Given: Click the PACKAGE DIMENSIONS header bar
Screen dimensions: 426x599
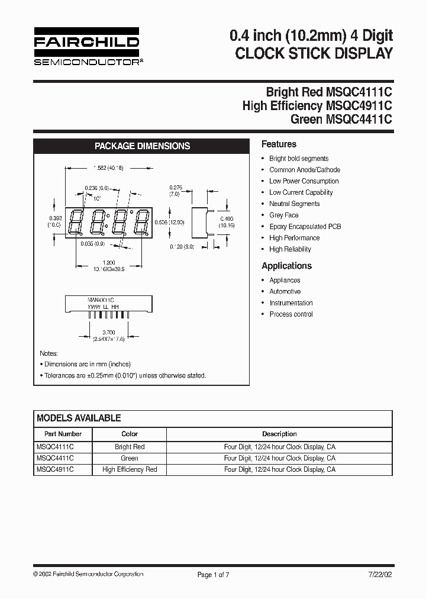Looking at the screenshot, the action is point(142,146).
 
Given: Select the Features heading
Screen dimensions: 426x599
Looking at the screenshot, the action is point(279,144).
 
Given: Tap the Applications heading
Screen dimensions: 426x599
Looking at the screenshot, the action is point(286,266).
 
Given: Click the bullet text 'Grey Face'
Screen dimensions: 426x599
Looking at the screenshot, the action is point(283,215).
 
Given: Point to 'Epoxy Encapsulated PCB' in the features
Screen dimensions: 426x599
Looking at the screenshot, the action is point(305,226).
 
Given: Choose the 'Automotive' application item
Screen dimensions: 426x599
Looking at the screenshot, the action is point(285,291).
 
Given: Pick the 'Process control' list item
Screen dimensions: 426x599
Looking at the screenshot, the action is point(291,314).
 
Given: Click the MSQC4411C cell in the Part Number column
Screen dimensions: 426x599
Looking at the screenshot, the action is point(55,458).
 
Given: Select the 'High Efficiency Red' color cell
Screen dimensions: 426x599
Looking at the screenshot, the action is point(130,469).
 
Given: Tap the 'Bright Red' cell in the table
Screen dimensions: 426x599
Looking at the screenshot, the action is point(130,447).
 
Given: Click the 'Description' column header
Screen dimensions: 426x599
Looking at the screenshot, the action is point(279,434).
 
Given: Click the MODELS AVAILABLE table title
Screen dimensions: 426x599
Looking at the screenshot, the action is point(79,418).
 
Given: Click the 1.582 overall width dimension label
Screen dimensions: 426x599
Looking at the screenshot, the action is point(108,168).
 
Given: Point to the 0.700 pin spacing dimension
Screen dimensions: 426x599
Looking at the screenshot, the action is point(109,332).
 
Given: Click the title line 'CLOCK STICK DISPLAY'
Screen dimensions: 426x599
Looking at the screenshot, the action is point(314,53).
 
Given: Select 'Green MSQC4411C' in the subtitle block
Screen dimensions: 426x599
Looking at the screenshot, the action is point(341,119).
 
